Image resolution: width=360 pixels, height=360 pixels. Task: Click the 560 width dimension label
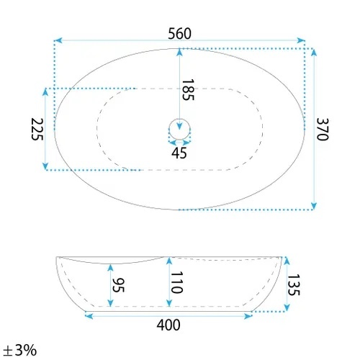tap(179, 34)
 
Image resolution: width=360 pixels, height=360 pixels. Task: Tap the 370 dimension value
tap(322, 129)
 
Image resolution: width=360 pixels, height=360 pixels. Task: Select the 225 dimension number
tap(37, 129)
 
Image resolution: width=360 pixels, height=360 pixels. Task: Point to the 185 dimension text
tap(188, 90)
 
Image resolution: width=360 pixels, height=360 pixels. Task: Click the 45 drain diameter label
tap(179, 153)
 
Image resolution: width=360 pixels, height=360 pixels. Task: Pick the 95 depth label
tap(118, 285)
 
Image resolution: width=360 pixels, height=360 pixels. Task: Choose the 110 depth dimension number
tap(177, 282)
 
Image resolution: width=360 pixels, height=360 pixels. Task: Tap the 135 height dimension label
tap(294, 285)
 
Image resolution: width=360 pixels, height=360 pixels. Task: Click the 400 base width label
tap(168, 325)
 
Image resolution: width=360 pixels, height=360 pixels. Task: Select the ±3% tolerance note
tap(20, 350)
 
